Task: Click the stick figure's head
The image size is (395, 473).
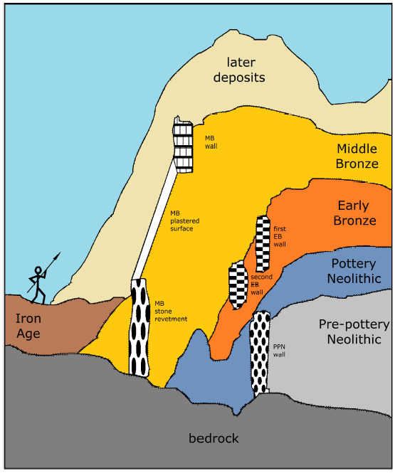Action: [38, 270]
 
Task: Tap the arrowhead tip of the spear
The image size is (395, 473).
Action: [60, 253]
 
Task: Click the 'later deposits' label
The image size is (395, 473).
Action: [239, 70]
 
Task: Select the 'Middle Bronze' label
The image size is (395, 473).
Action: [357, 156]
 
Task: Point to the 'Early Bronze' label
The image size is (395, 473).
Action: [354, 213]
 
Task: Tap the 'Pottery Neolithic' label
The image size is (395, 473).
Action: [354, 271]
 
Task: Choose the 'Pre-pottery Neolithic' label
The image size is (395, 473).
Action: [354, 331]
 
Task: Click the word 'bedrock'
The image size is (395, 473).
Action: [214, 438]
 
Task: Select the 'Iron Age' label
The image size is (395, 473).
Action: [28, 326]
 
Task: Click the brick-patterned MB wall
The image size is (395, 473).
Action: [183, 145]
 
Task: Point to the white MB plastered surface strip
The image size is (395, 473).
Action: [155, 220]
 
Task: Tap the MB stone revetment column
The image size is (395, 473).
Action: [139, 328]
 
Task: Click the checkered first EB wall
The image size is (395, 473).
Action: [263, 244]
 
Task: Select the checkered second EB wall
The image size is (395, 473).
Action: [238, 285]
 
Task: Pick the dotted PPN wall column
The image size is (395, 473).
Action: [260, 353]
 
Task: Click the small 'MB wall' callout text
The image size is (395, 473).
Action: [211, 142]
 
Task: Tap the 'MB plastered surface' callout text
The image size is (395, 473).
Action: [184, 220]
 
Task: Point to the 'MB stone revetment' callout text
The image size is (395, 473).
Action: [171, 311]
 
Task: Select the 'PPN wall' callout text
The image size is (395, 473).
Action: [279, 351]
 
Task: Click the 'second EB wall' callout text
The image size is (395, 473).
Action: [261, 285]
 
